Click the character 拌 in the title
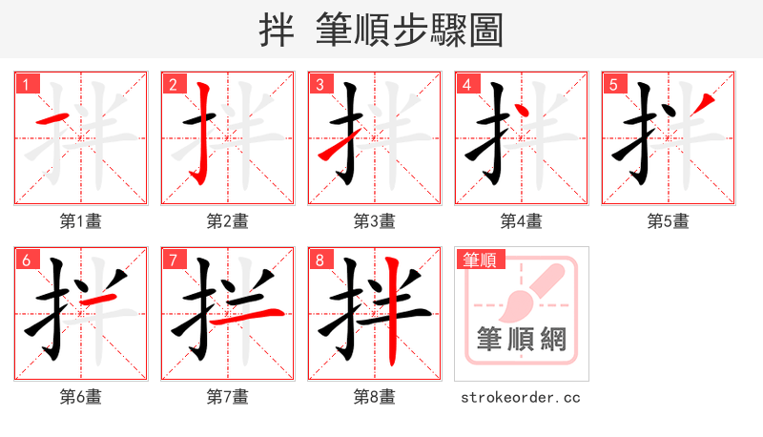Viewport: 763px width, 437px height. pyautogui.click(x=277, y=31)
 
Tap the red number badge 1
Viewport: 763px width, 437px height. pyautogui.click(x=26, y=84)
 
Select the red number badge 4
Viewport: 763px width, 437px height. pyautogui.click(x=466, y=84)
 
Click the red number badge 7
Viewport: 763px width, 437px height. pyautogui.click(x=173, y=260)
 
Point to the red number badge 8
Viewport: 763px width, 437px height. pyautogui.click(x=320, y=260)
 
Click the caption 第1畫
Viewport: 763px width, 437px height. pyautogui.click(x=81, y=221)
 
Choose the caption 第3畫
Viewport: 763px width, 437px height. pyautogui.click(x=375, y=221)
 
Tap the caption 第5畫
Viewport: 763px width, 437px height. pyautogui.click(x=669, y=221)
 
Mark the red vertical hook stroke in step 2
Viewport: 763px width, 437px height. pyautogui.click(x=203, y=134)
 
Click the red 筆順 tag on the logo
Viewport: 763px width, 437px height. pyautogui.click(x=481, y=259)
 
